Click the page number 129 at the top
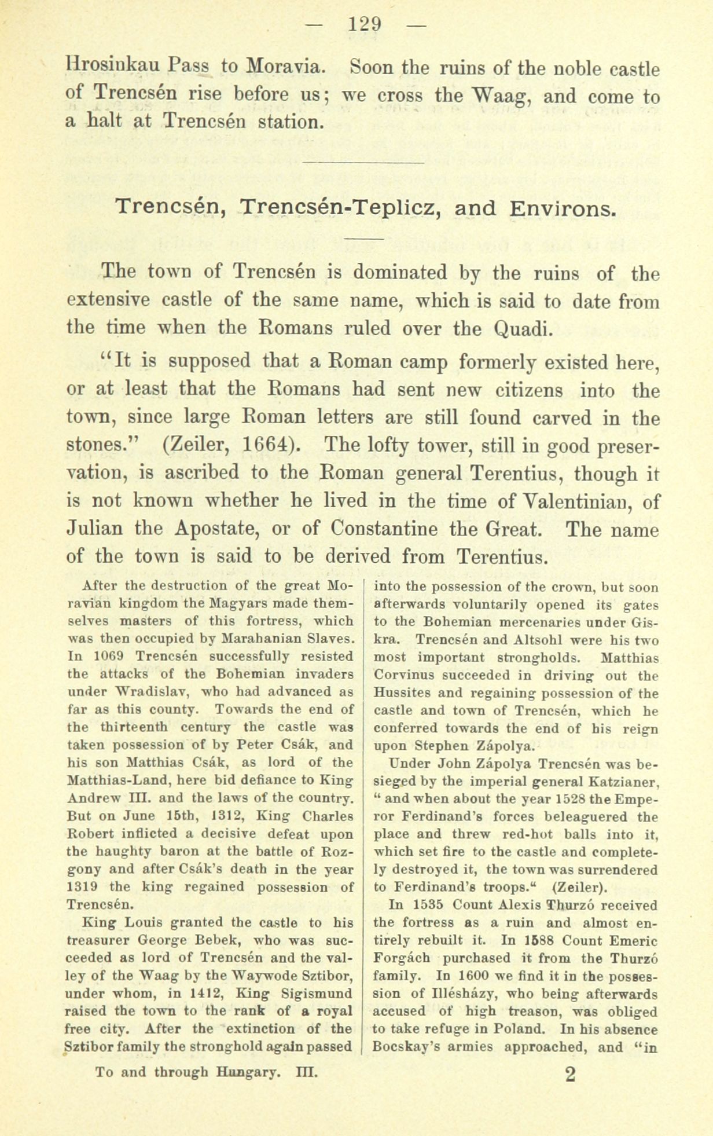tap(365, 24)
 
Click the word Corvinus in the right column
tap(402, 675)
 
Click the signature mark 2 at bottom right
tap(570, 1074)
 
